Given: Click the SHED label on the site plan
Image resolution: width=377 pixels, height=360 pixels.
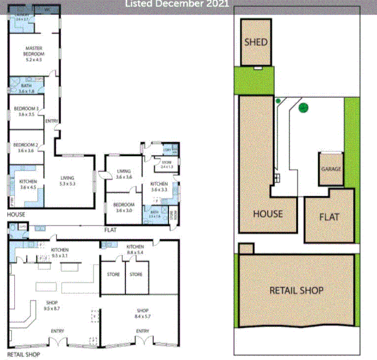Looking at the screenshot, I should (256, 43).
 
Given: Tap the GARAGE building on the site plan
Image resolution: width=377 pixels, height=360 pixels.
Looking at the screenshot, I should (331, 168).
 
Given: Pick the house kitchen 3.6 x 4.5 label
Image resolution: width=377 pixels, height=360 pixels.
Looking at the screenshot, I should (28, 184).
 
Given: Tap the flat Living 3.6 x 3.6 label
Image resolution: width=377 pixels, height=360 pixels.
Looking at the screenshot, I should (123, 173).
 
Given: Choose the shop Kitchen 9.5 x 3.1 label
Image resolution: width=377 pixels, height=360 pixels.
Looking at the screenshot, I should (60, 252).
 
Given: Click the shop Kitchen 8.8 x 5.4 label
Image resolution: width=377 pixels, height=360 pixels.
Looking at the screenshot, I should (136, 249).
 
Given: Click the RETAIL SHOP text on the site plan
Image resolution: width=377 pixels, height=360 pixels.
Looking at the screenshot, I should (296, 290).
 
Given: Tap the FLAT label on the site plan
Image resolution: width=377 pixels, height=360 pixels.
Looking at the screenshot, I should (330, 217).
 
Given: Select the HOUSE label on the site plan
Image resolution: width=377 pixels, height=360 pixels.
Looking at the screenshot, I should (267, 214).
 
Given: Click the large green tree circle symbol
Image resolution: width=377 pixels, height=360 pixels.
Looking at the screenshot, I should (303, 108).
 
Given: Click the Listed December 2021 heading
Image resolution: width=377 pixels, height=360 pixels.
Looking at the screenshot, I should (177, 4).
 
